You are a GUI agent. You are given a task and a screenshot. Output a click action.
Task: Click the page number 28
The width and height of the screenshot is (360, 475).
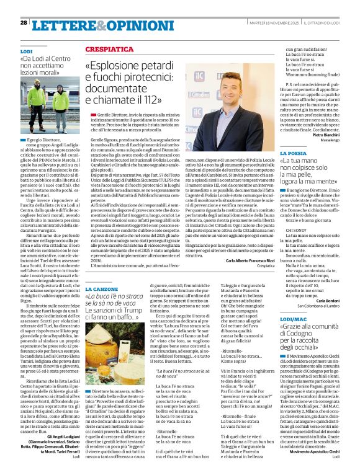[24, 22]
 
